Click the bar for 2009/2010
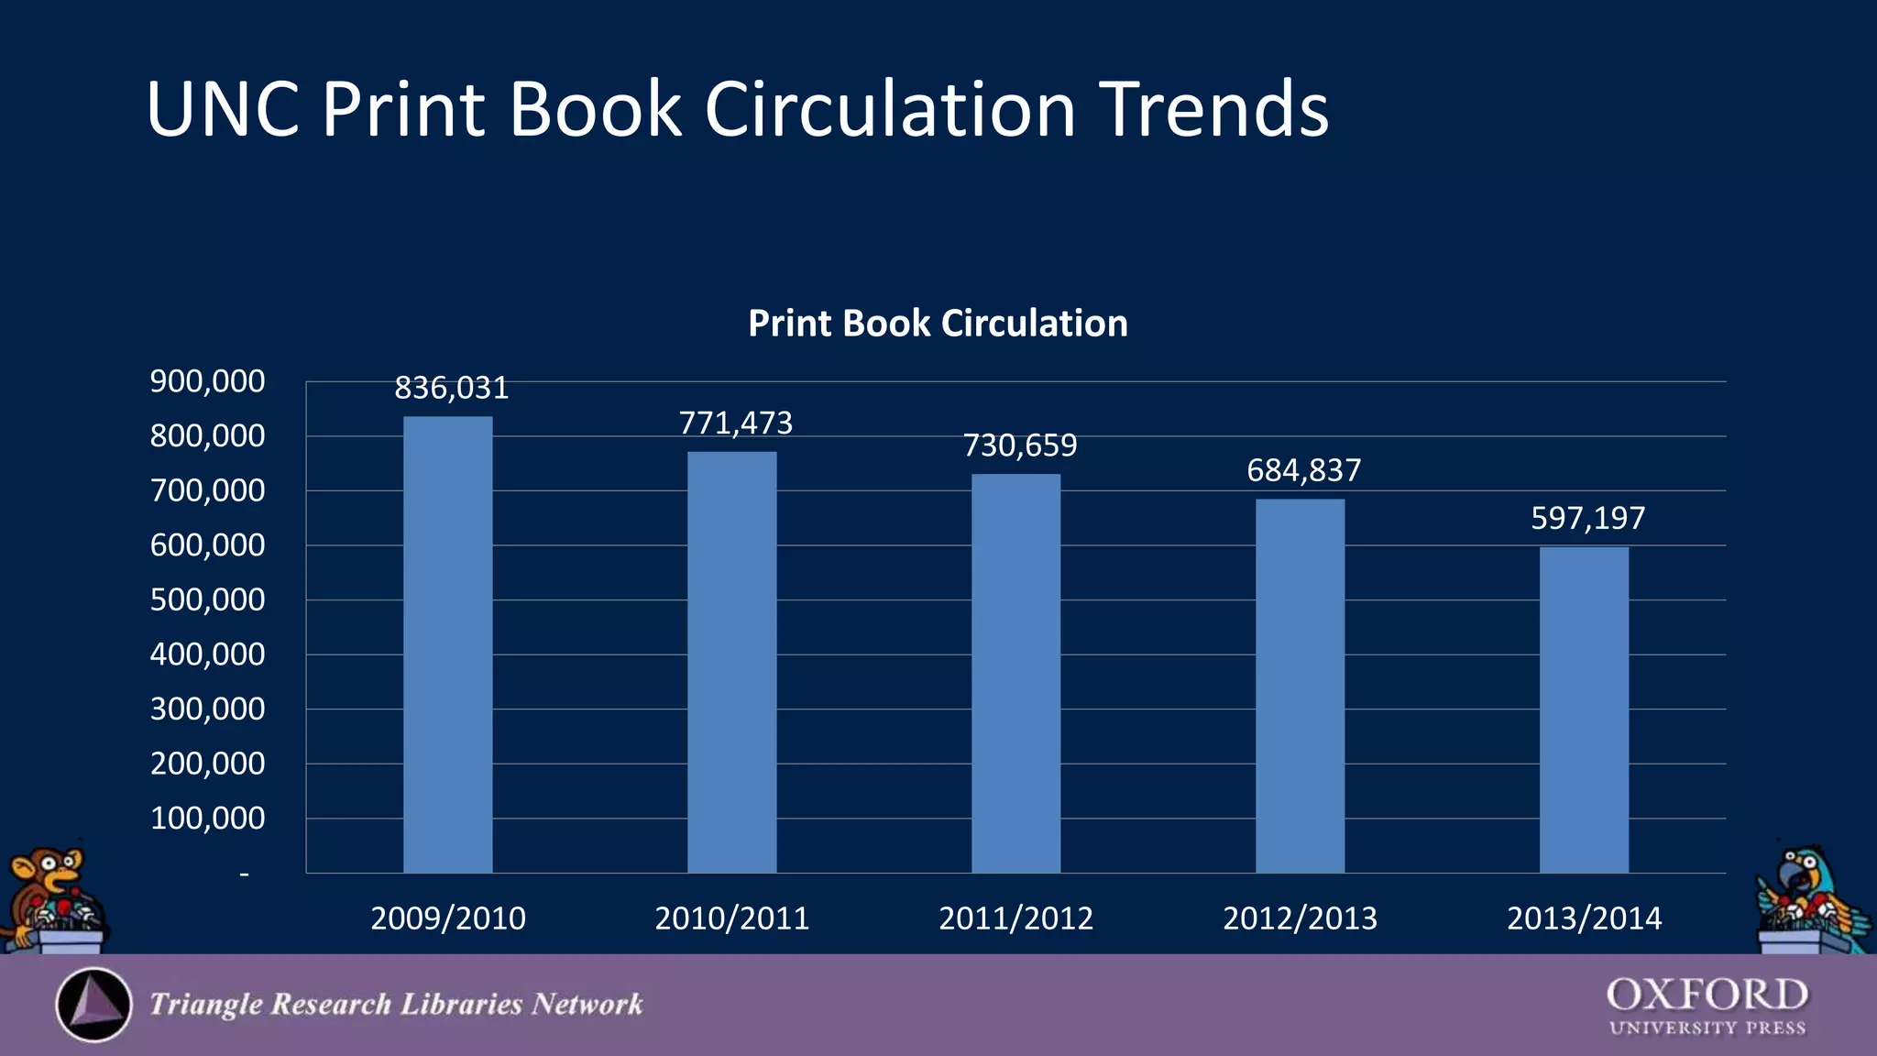(x=448, y=644)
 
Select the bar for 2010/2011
(x=732, y=662)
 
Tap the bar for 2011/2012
(x=1015, y=673)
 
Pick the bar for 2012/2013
(x=1300, y=686)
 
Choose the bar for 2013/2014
(x=1584, y=709)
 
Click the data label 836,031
(x=452, y=389)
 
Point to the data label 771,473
(x=736, y=423)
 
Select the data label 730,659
(x=1020, y=446)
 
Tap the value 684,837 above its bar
(x=1304, y=471)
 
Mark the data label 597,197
(x=1588, y=519)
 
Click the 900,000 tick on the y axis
(x=208, y=381)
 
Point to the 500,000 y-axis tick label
(x=208, y=600)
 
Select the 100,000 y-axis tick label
(x=208, y=819)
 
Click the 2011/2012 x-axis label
(x=1015, y=918)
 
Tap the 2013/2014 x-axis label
(x=1584, y=918)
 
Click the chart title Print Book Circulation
(x=938, y=324)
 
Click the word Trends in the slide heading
(x=1213, y=109)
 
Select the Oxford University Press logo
(x=1707, y=1006)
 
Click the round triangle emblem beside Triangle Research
(x=93, y=1005)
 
